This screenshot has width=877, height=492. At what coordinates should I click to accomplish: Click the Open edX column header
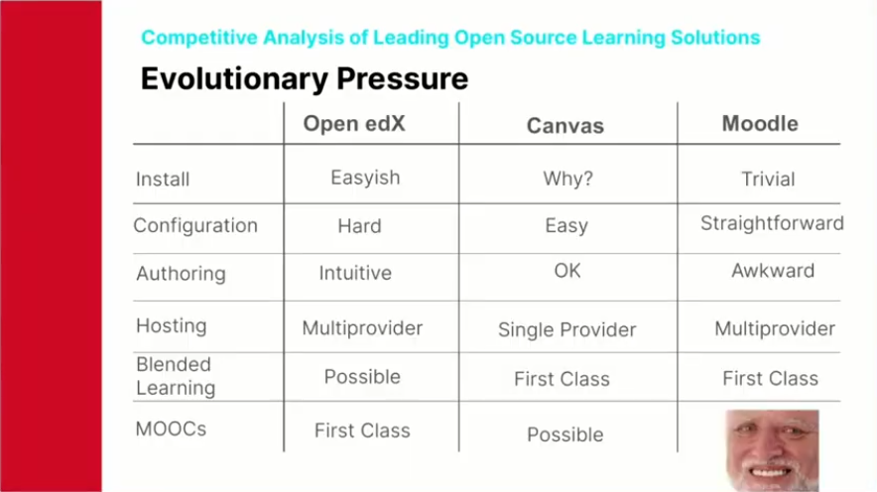(354, 124)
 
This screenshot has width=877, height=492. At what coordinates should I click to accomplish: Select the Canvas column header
(564, 126)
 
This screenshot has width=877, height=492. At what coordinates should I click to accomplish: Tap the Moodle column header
(760, 124)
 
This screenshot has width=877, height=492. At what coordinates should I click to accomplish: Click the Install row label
(163, 179)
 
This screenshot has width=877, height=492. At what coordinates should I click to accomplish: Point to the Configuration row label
(195, 226)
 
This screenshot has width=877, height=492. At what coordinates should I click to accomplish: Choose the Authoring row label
(181, 274)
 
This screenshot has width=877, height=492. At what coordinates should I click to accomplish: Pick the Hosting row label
(172, 325)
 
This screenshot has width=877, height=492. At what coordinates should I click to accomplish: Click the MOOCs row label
(171, 429)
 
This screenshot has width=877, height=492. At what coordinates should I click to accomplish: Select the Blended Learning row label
(176, 376)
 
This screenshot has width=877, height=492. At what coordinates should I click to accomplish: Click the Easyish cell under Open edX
(365, 178)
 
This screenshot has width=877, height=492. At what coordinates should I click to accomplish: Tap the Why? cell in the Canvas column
(567, 179)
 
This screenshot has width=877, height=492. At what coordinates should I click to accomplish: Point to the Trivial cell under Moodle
(768, 179)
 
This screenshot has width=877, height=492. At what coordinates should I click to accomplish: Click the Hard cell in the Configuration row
(360, 226)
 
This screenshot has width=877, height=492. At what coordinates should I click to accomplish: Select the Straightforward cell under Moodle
(772, 223)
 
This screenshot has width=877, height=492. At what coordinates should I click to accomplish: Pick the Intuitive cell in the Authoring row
(355, 273)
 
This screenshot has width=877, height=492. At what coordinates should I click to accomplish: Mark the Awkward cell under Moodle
(773, 271)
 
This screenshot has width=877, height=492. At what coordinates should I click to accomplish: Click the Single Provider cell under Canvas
(567, 330)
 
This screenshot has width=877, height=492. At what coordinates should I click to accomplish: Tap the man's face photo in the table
(773, 450)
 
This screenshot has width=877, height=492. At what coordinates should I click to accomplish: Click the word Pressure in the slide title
(402, 78)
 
